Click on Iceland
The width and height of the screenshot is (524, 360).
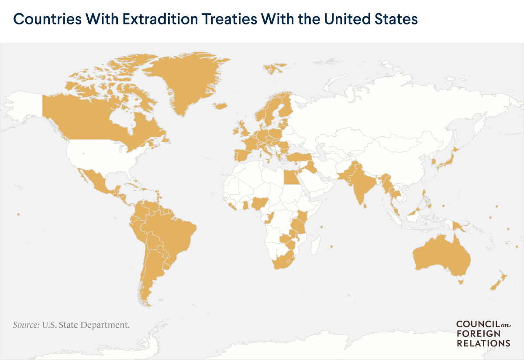221,106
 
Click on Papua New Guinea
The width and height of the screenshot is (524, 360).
460,226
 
